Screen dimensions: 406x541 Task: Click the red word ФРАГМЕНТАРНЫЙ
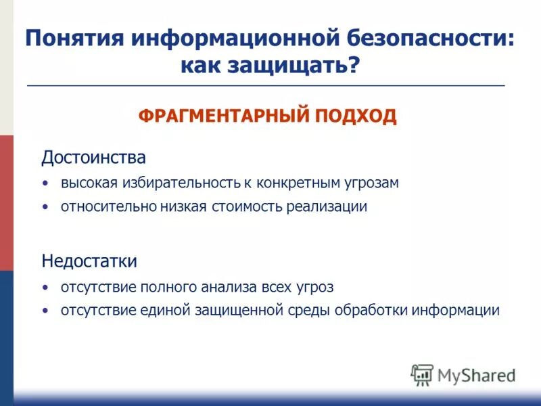point(225,116)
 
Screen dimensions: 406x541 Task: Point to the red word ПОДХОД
point(356,116)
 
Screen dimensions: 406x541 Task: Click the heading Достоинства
point(93,158)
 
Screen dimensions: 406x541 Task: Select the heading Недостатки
point(89,261)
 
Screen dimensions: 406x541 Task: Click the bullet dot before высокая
point(45,183)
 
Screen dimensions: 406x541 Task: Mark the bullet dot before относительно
point(45,207)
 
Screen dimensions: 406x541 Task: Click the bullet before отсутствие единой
point(45,311)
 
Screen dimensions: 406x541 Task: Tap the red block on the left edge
point(6,203)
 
